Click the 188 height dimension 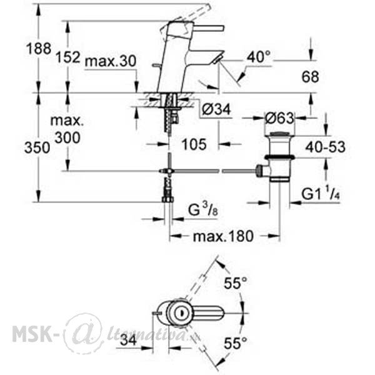pos(39,49)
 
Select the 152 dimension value pos(67,57)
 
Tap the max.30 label pos(111,61)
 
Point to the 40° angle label pos(259,57)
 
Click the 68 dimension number pos(310,77)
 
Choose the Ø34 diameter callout pos(216,109)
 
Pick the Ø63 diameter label pos(279,118)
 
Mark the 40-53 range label pos(326,147)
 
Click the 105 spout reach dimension pos(194,144)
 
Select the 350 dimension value pos(37,147)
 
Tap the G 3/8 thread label pos(203,210)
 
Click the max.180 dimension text pos(223,236)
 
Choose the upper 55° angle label pos(235,283)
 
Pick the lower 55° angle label pos(235,343)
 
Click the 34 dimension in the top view pos(128,340)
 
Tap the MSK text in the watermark pos(32,334)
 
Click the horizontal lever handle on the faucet pos(207,28)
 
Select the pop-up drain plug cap pos(279,134)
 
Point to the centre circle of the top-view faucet pos(181,312)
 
